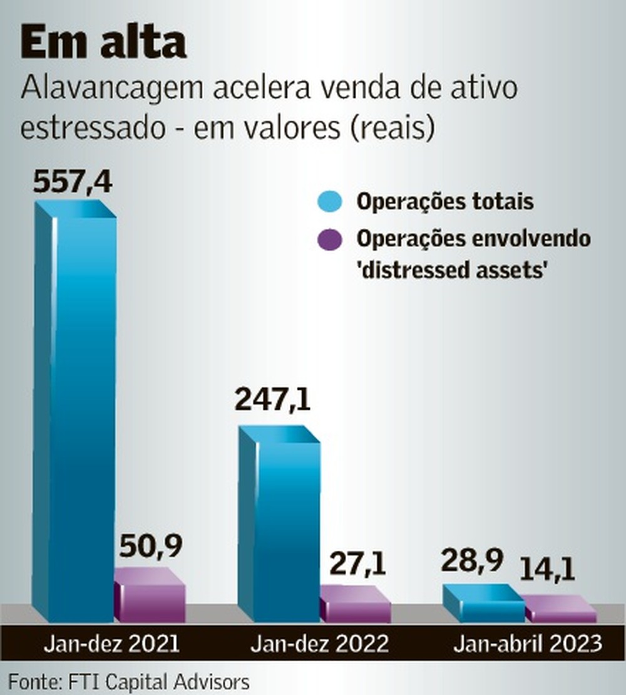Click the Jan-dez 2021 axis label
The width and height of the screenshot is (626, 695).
coord(111,644)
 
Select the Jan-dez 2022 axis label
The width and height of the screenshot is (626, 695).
coord(319,644)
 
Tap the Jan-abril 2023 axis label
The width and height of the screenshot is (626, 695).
coord(528,644)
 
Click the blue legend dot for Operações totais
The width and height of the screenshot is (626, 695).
coord(330,202)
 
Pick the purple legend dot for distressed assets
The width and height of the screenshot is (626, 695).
coord(330,240)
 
